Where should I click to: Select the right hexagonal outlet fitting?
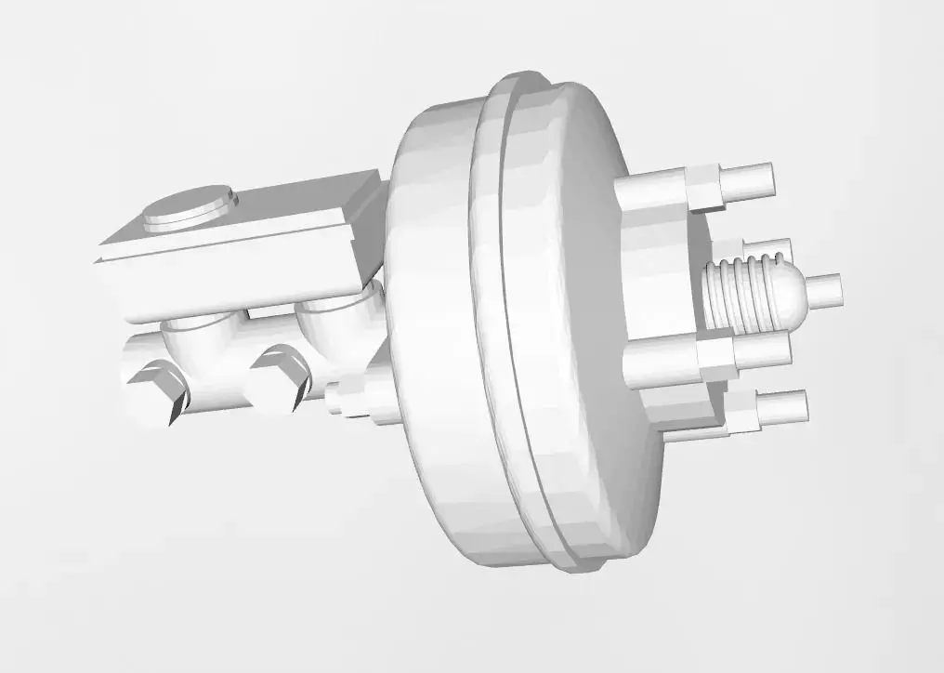pos(277,376)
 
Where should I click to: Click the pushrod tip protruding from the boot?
pos(823,290)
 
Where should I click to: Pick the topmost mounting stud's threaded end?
pos(747,178)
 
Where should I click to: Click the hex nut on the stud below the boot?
pos(715,357)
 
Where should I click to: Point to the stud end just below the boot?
pos(762,349)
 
